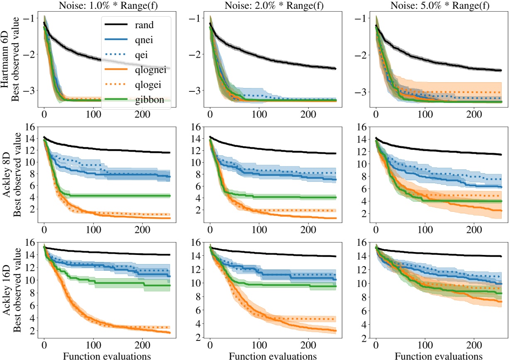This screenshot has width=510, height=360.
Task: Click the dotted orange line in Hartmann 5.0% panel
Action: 456,92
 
